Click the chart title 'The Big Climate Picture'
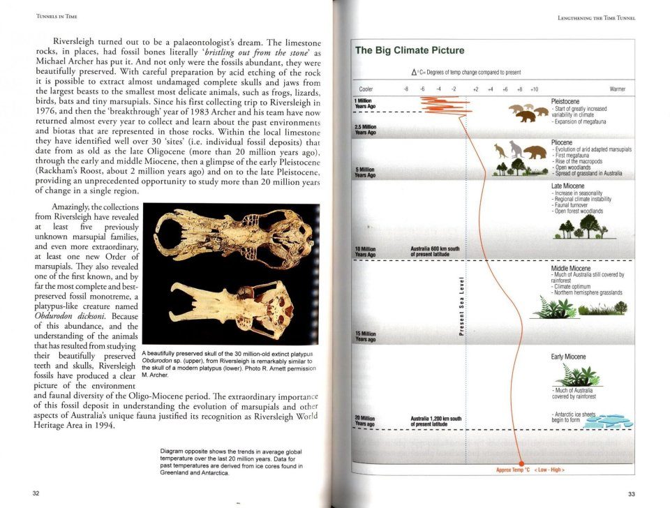(x=410, y=50)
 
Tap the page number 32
(x=36, y=493)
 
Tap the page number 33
(x=631, y=494)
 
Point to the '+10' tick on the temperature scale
(x=533, y=89)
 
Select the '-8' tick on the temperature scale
(x=405, y=89)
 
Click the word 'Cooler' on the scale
(x=366, y=89)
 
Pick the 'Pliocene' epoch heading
(x=563, y=142)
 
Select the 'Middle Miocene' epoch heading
(x=571, y=268)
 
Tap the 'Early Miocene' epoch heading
(x=568, y=357)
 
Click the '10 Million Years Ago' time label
(x=366, y=252)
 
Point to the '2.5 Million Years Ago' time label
(x=366, y=129)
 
